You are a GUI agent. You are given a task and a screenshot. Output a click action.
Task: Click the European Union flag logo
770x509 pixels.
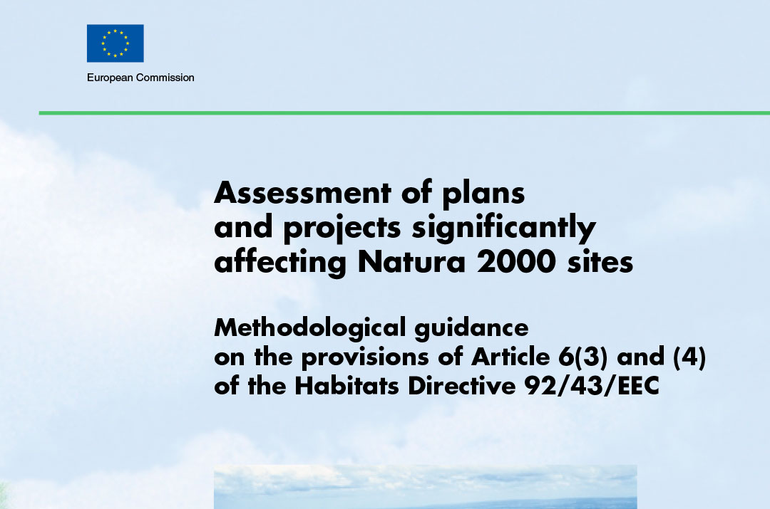tap(115, 43)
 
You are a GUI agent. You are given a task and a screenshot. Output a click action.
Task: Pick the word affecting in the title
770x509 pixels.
tap(281, 263)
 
